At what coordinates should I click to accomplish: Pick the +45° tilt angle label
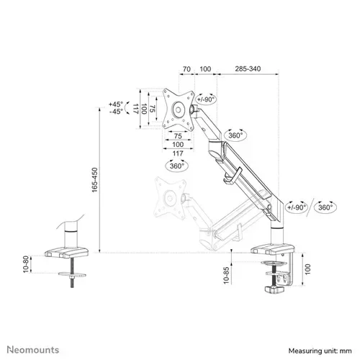coord(115,103)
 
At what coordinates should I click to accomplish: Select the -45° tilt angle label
coord(115,112)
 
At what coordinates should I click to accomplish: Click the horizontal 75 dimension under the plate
coord(177,135)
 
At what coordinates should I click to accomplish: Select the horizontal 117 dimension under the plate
coord(177,153)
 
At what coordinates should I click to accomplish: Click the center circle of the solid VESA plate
coord(177,110)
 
